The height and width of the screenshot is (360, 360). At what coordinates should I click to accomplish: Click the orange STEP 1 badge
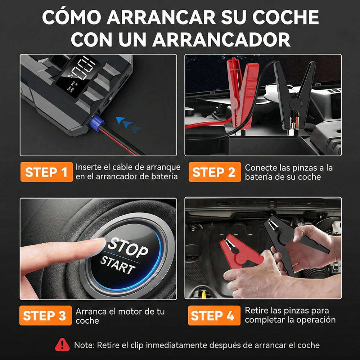tap(46, 172)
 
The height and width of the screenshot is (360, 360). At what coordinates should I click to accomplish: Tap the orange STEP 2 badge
tap(215, 172)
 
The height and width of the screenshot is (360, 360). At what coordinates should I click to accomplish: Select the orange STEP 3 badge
tap(45, 315)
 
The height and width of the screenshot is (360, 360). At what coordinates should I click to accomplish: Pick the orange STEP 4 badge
tap(214, 315)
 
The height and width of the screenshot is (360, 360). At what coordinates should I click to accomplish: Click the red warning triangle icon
tap(62, 345)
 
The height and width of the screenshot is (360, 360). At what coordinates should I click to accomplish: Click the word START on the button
tap(118, 265)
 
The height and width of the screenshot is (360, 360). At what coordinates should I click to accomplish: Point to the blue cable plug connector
tap(96, 123)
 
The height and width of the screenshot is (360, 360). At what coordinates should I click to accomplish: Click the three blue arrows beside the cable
tap(129, 125)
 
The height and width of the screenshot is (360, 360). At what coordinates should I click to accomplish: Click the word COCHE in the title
tap(285, 17)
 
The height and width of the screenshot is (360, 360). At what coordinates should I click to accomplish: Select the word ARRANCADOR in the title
tap(221, 40)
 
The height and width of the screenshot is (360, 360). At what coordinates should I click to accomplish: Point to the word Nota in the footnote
tap(84, 345)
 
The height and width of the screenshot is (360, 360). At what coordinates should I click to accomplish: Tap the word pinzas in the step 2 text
tap(301, 168)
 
